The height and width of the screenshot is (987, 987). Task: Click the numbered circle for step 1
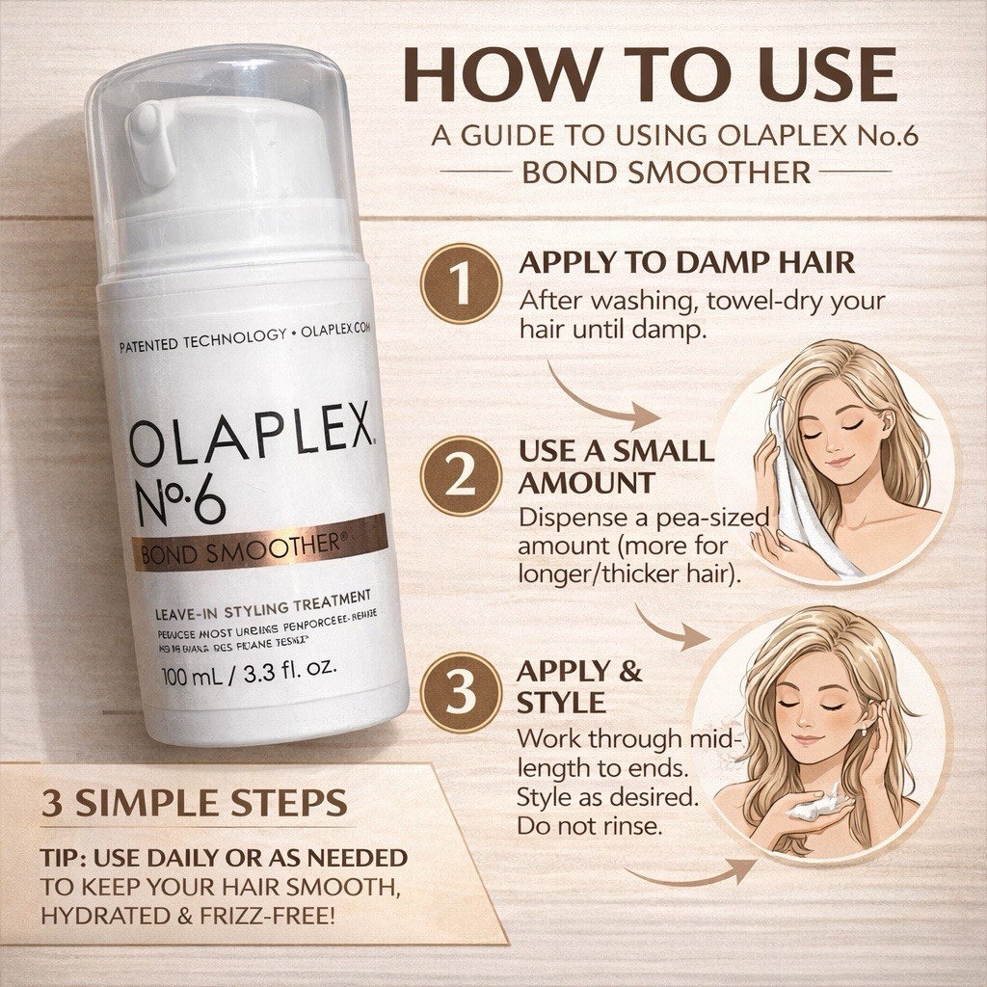(460, 284)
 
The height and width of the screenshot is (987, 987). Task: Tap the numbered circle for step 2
(460, 473)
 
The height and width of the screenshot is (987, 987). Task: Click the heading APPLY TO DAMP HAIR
(686, 263)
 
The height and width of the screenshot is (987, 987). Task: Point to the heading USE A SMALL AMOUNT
(616, 467)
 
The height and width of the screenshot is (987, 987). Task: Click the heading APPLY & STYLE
(579, 685)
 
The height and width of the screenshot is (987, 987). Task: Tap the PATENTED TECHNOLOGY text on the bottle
(201, 337)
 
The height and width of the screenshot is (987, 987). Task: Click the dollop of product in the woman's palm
(809, 808)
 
